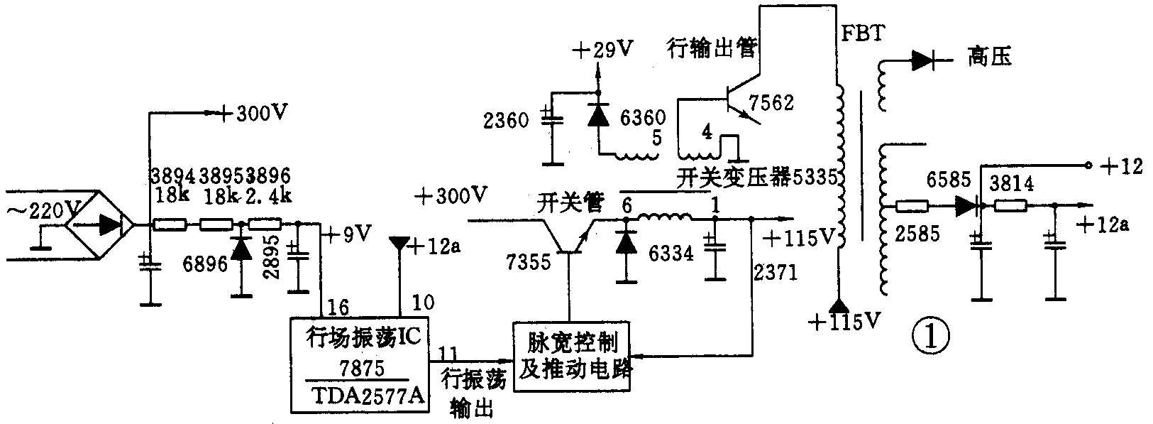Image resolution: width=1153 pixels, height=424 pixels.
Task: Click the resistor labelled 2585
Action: pos(912,207)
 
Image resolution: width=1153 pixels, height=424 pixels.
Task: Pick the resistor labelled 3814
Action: pos(1010,207)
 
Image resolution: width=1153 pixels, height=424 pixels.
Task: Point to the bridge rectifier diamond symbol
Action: pos(99,224)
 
